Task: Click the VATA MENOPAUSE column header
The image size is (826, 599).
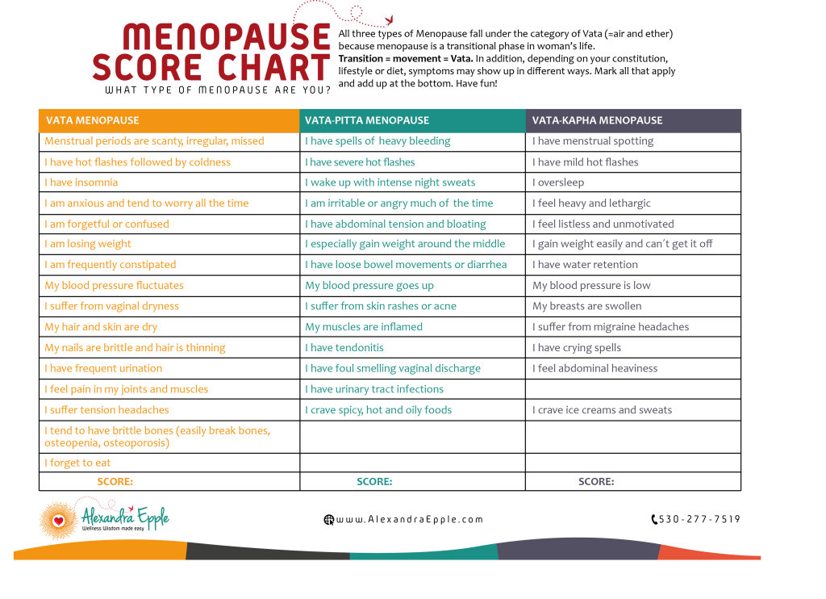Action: pyautogui.click(x=92, y=120)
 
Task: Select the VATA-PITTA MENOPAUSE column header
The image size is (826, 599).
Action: pyautogui.click(x=367, y=120)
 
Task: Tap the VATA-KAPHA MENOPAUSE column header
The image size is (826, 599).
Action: pyautogui.click(x=597, y=120)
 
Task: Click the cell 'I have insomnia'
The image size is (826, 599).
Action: pyautogui.click(x=81, y=182)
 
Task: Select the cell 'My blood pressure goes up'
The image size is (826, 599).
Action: pyautogui.click(x=369, y=285)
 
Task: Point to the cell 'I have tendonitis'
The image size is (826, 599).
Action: pyautogui.click(x=344, y=348)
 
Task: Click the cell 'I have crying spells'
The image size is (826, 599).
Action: pyautogui.click(x=577, y=348)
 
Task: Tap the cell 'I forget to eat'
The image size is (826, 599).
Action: pyautogui.click(x=77, y=463)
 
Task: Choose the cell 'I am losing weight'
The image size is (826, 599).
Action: pyautogui.click(x=88, y=244)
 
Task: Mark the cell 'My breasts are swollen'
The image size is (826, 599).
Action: pyautogui.click(x=587, y=306)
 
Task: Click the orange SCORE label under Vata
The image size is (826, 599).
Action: pyautogui.click(x=115, y=482)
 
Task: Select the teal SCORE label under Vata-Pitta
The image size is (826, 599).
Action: pyautogui.click(x=374, y=482)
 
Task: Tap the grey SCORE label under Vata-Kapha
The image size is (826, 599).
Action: pyautogui.click(x=596, y=482)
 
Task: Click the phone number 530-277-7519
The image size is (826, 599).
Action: pyautogui.click(x=699, y=520)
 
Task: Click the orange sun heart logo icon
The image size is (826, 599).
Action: pyautogui.click(x=58, y=520)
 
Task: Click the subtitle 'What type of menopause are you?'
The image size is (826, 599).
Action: pyautogui.click(x=218, y=90)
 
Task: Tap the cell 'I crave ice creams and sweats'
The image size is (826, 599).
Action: pyautogui.click(x=602, y=410)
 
